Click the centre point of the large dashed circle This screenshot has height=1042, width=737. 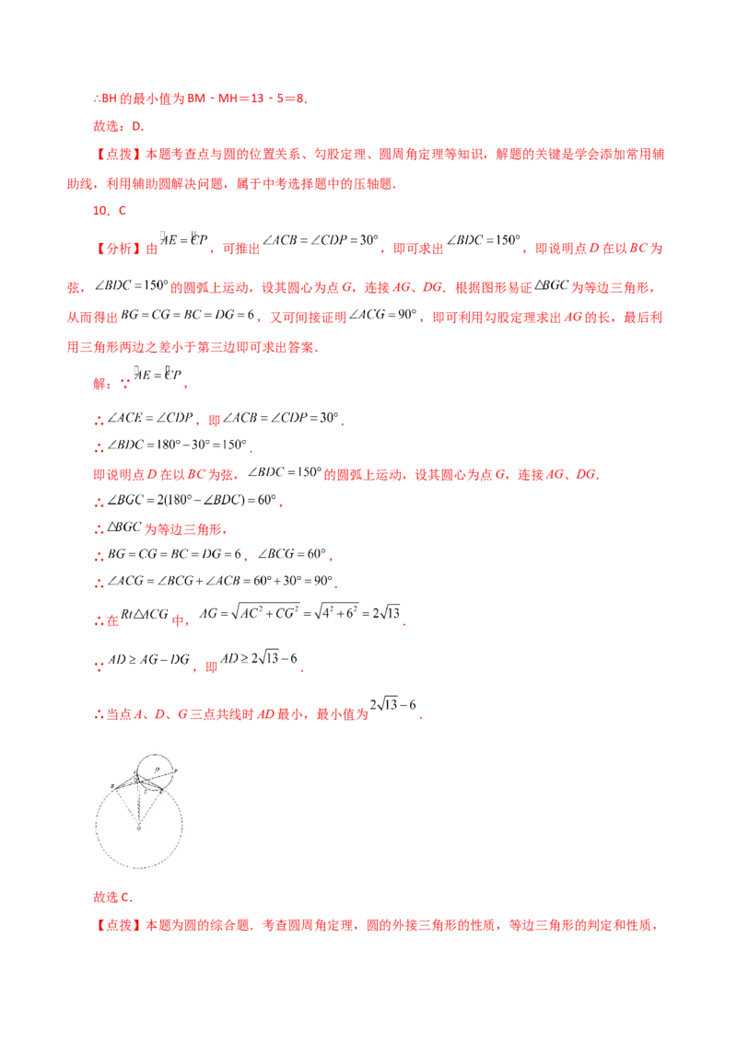[x=139, y=828]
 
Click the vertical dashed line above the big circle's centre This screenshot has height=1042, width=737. [x=139, y=804]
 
